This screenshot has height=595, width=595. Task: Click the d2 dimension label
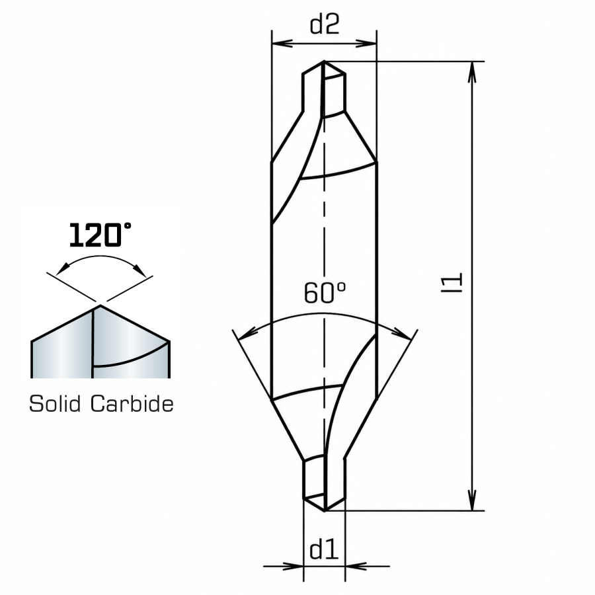[324, 24]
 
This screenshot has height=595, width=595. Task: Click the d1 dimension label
[324, 550]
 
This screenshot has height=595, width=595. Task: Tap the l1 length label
[452, 282]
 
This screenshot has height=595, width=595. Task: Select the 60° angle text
[325, 293]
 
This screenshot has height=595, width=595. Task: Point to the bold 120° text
[100, 235]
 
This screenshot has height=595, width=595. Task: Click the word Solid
[55, 403]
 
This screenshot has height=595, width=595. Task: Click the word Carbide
[132, 403]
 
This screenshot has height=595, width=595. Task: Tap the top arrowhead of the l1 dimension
[471, 72]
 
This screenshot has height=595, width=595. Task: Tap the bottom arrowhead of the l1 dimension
[471, 500]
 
